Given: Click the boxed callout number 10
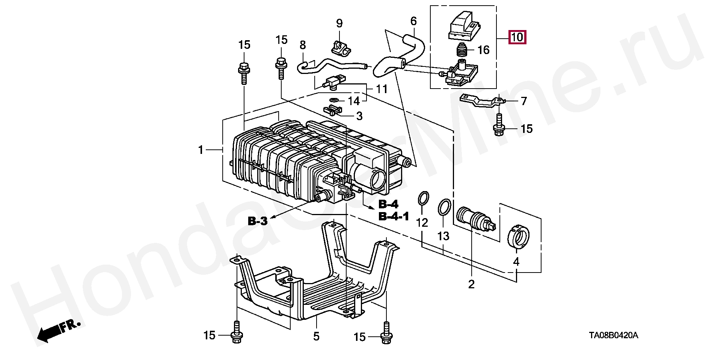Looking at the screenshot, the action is pyautogui.click(x=517, y=37).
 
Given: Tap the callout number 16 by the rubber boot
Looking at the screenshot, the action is pyautogui.click(x=484, y=50).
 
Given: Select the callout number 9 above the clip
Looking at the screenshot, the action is pyautogui.click(x=339, y=24).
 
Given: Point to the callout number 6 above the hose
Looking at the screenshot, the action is pyautogui.click(x=413, y=21).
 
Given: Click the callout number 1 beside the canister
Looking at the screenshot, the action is pyautogui.click(x=201, y=150).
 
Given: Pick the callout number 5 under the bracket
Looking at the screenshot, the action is pyautogui.click(x=316, y=336).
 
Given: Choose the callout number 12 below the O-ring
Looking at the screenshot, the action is pyautogui.click(x=422, y=223).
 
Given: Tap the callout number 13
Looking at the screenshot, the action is pyautogui.click(x=443, y=236).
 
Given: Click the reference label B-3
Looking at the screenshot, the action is pyautogui.click(x=258, y=221).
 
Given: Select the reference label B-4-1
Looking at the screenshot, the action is pyautogui.click(x=394, y=217).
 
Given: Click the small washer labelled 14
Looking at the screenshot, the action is pyautogui.click(x=71, y=100).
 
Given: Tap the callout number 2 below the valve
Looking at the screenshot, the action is pyautogui.click(x=471, y=284).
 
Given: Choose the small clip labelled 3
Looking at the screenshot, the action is pyautogui.click(x=70, y=111).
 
